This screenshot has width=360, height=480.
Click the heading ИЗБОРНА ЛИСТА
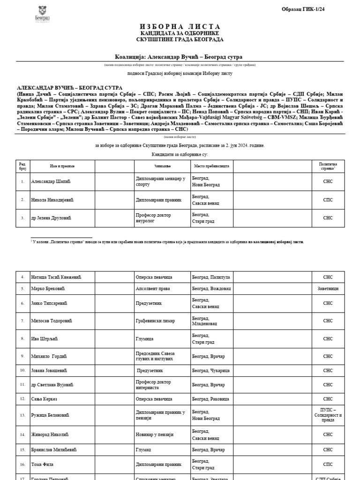point(180,26)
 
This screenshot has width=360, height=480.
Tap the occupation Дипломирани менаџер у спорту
point(160,181)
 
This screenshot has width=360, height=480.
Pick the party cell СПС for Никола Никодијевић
point(328,200)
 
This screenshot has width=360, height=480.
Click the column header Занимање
point(162,166)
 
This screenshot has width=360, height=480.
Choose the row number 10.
point(22,370)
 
